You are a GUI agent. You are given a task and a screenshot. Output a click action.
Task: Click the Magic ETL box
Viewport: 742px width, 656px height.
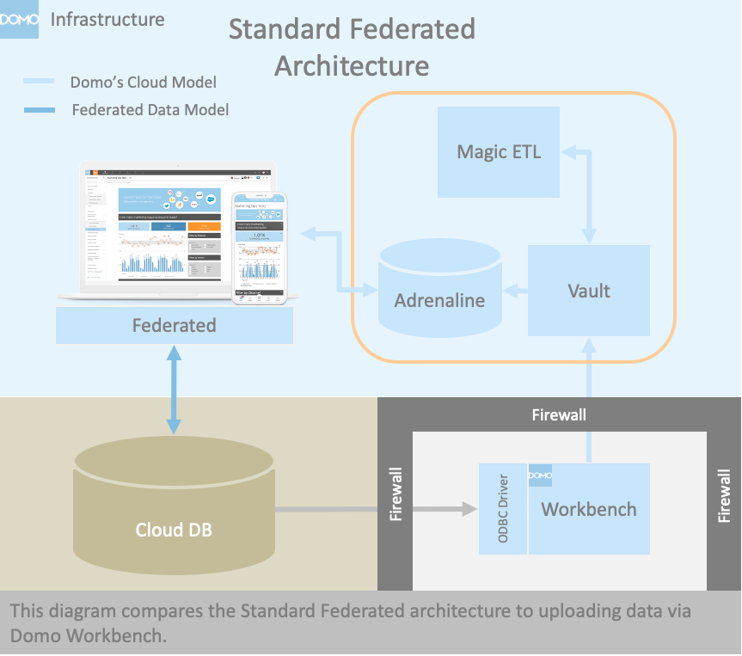[x=499, y=152]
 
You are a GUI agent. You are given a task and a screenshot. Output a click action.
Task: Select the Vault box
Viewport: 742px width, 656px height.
[x=589, y=291]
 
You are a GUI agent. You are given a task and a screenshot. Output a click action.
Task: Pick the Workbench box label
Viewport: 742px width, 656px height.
[x=589, y=509]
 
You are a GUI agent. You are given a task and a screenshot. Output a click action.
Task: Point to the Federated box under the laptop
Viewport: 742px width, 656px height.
[x=174, y=326]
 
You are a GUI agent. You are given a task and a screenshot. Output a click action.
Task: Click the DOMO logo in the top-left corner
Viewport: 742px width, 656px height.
[x=20, y=20]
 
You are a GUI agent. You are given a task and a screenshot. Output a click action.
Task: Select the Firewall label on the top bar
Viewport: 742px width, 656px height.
[x=559, y=414]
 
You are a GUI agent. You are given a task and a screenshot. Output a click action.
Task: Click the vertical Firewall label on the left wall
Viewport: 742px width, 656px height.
[x=396, y=495]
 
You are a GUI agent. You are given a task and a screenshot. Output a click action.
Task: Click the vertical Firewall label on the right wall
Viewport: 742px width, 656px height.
[x=724, y=495]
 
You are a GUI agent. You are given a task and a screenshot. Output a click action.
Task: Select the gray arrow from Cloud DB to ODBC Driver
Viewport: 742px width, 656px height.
[x=376, y=509]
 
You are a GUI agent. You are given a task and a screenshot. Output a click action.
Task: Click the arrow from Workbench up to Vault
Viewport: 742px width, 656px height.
[x=589, y=400]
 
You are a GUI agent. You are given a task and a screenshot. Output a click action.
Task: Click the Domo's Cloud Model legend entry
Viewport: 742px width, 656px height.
[x=143, y=83]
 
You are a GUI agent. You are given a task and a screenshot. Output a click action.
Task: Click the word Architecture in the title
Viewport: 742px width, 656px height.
[x=352, y=65]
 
